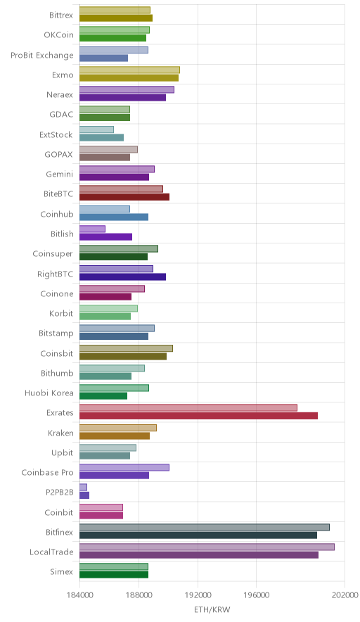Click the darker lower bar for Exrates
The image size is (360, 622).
[199, 416]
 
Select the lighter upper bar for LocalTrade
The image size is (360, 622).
[207, 547]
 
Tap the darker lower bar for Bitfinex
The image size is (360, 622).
[198, 535]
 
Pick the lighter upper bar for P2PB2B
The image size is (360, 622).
[83, 487]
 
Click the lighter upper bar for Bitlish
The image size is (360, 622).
[92, 229]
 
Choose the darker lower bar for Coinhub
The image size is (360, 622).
[114, 217]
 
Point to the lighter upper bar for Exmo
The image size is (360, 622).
[129, 70]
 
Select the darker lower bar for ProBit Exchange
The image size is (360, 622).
[103, 58]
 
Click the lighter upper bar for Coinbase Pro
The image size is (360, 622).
[124, 467]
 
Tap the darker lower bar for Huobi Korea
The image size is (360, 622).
[103, 396]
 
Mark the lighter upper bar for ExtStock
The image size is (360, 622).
[97, 129]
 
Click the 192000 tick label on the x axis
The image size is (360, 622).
[198, 595]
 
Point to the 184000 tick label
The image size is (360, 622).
[79, 595]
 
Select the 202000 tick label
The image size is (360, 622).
[345, 595]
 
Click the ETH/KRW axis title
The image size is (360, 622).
[212, 610]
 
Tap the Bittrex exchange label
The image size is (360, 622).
[61, 15]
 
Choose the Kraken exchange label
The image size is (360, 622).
[60, 433]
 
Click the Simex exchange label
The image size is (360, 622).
[61, 571]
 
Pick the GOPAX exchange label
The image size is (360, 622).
[58, 154]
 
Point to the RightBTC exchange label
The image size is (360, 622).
[55, 274]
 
